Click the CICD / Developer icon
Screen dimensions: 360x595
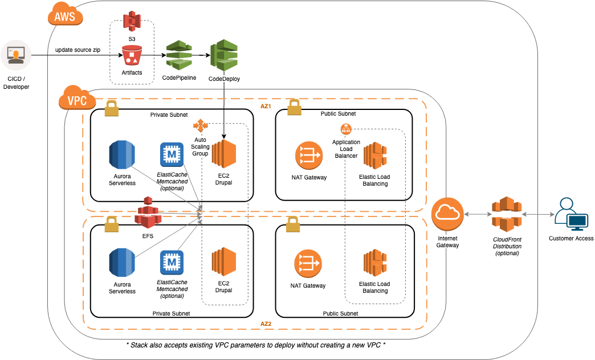click(15, 55)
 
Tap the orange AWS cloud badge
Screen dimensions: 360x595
click(64, 17)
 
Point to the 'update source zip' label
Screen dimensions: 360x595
click(78, 50)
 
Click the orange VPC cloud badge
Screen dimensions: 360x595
click(77, 101)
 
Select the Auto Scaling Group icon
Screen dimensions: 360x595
click(201, 125)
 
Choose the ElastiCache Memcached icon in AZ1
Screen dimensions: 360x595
click(172, 154)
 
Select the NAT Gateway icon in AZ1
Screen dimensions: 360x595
click(309, 156)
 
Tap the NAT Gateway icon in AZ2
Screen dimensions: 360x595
click(309, 264)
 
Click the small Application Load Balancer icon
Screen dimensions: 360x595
click(346, 129)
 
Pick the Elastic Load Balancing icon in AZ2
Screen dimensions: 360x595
click(375, 264)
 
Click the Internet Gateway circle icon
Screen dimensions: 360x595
click(447, 214)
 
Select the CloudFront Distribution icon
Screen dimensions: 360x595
click(507, 214)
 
